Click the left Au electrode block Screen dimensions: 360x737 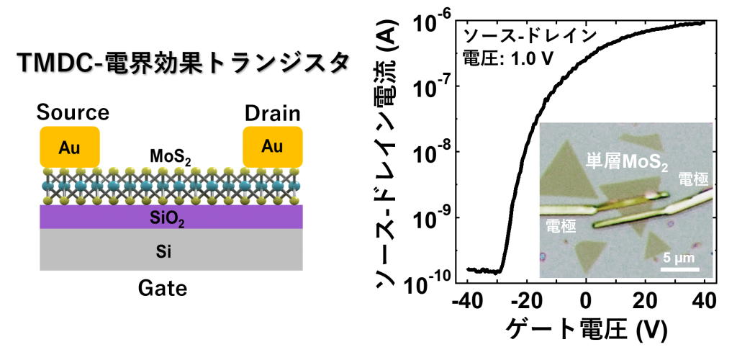(x=70, y=147)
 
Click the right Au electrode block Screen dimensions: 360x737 (x=272, y=146)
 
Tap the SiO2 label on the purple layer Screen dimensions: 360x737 (x=167, y=218)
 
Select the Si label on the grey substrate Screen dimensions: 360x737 (x=164, y=251)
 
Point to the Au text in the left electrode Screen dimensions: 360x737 (x=70, y=148)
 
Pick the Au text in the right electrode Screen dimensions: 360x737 (x=272, y=146)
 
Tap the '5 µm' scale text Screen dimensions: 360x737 (x=679, y=258)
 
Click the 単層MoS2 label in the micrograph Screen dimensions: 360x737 (x=626, y=162)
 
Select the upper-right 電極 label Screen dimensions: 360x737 (x=693, y=179)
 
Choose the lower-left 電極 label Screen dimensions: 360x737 (x=561, y=226)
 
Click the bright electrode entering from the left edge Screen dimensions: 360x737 (x=569, y=211)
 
